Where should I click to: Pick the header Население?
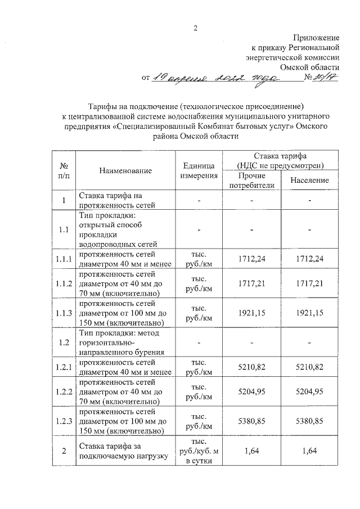point(310,181)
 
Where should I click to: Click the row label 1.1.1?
point(64,259)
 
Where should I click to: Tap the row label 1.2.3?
point(64,421)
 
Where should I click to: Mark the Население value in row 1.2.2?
point(310,394)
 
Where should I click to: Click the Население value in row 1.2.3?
point(310,421)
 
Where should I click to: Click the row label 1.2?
point(64,342)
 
